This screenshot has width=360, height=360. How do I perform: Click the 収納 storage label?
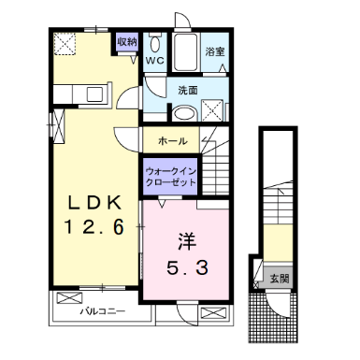tap(127, 42)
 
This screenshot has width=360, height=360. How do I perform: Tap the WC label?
tap(155, 61)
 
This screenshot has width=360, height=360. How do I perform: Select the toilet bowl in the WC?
tap(155, 43)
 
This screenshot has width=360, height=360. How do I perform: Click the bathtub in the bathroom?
tap(185, 52)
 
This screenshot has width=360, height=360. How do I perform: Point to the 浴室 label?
tap(215, 51)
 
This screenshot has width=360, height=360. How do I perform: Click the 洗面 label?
tap(188, 91)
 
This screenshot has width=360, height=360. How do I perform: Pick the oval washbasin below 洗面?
tap(184, 113)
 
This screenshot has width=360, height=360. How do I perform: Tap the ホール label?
tap(173, 141)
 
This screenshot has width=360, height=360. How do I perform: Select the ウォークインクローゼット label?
tap(171, 177)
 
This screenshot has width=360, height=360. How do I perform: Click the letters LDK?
tap(94, 204)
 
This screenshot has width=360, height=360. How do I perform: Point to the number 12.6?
tap(94, 227)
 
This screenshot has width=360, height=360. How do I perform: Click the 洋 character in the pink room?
tap(187, 241)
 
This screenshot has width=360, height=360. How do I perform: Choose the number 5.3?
tap(187, 267)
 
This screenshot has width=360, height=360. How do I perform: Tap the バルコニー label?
tap(102, 311)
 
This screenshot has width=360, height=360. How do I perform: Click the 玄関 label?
tap(280, 279)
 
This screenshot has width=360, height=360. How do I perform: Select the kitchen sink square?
tap(94, 94)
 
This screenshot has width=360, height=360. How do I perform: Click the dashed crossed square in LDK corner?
tap(65, 44)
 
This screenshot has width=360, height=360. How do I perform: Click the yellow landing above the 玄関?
tap(278, 243)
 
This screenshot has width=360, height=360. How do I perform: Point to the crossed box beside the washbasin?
tap(212, 110)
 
